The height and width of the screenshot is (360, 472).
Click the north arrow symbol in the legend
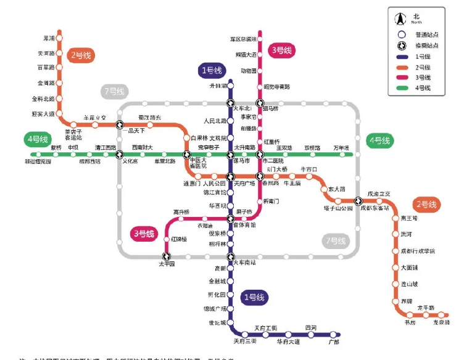click(400, 18)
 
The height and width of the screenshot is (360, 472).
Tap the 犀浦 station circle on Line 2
click(60, 38)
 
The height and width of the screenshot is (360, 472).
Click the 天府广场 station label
click(244, 183)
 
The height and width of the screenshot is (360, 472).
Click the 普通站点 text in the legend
click(425, 35)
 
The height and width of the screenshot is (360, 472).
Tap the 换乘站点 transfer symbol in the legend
click(401, 46)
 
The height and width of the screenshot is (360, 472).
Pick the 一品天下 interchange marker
click(120, 123)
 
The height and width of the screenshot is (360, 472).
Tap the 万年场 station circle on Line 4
click(341, 154)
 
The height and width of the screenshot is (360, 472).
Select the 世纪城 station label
click(217, 322)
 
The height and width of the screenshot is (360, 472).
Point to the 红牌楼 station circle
click(167, 238)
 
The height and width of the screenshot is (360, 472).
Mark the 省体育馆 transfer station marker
click(231, 218)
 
